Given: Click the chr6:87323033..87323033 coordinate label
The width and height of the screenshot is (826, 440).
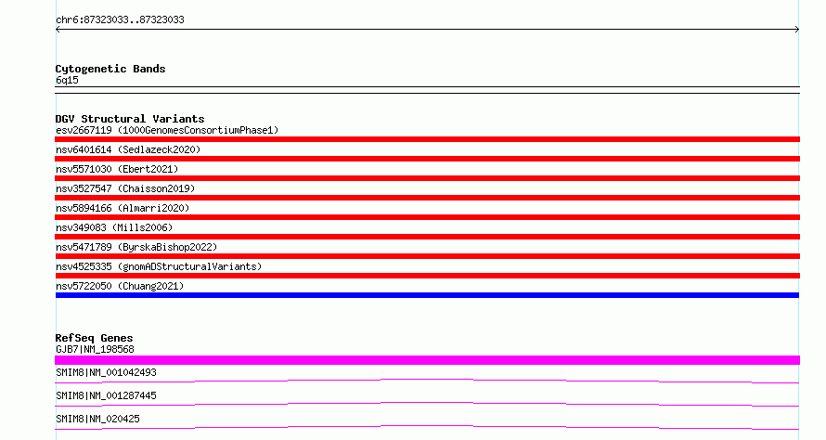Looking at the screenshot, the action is (x=120, y=20).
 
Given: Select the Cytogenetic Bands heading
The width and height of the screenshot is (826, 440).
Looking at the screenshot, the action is (x=110, y=69).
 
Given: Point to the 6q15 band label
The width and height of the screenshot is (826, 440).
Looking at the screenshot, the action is (x=67, y=80).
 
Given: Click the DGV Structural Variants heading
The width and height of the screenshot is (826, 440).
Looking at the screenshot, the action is (x=130, y=119).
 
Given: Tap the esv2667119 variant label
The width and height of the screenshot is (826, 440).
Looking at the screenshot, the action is (x=84, y=130).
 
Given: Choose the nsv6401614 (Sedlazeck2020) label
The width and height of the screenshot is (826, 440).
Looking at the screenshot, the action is (x=128, y=149).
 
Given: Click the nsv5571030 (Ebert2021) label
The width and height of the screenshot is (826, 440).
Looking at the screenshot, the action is (x=117, y=169).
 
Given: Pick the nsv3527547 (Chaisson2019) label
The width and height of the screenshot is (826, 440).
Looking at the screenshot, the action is (x=125, y=188).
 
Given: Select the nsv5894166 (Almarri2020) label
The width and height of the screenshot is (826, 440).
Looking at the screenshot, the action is (x=123, y=208).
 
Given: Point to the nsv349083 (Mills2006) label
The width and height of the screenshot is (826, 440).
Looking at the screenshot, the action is (x=114, y=227).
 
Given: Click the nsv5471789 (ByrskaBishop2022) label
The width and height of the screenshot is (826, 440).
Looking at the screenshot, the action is (x=136, y=247).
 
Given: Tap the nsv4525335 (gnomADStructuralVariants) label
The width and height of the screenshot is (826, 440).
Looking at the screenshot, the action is (x=159, y=266).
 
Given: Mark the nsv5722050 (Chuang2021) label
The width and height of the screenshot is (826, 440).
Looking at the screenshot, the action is (x=120, y=286).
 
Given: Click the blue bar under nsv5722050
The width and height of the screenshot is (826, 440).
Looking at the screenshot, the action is (x=427, y=295).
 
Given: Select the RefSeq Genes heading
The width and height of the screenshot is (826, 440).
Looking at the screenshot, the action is (x=94, y=338).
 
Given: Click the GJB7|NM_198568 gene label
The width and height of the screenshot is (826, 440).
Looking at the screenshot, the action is (x=95, y=349).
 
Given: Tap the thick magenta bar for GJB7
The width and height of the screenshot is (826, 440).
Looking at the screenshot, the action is (x=427, y=360).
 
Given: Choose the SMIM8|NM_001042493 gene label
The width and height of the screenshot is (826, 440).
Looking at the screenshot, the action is (x=106, y=372).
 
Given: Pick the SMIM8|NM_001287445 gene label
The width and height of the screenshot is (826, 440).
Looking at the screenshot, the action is (x=106, y=395).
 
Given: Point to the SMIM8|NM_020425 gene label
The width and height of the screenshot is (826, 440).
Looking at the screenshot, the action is (x=97, y=419).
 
